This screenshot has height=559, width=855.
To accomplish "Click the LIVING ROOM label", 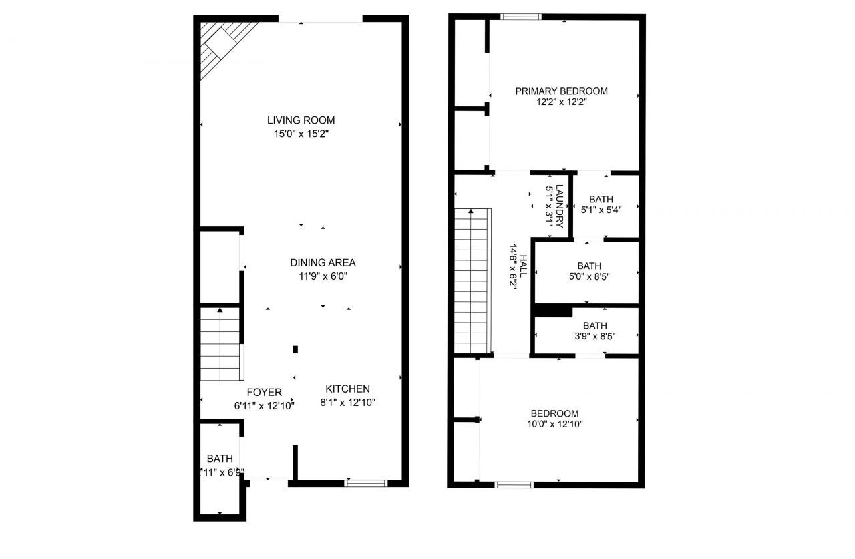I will (301, 120).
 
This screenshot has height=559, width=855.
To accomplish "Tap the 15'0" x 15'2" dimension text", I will (301, 134).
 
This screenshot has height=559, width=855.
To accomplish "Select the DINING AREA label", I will (323, 262).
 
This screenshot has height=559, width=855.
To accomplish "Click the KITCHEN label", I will (347, 389).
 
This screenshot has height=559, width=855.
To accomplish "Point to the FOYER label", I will (264, 392).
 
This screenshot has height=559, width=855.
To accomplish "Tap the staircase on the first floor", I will (220, 344).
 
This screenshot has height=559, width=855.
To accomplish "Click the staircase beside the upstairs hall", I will (472, 281).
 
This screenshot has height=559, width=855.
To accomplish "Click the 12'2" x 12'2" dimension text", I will (561, 102).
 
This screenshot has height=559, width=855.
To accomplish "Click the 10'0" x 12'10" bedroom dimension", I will (554, 424).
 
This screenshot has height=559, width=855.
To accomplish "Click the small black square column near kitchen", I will (295, 349).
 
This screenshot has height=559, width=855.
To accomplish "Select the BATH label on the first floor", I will (220, 459).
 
